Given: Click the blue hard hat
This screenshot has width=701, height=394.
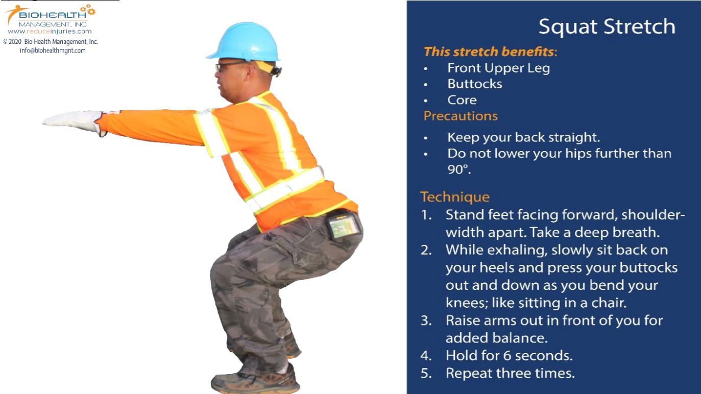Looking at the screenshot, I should (244, 41).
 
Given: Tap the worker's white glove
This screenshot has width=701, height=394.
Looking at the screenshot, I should (74, 121).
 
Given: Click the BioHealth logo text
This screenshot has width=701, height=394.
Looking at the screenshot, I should (53, 16).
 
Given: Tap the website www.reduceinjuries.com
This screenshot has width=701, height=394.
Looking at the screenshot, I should (50, 32).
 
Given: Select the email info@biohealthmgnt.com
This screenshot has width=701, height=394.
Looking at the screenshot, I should (50, 51).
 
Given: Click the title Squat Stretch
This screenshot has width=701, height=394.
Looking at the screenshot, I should (607, 27).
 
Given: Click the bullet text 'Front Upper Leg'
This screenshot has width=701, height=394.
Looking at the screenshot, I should (498, 68).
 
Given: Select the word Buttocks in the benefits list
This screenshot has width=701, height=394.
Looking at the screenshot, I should (474, 84).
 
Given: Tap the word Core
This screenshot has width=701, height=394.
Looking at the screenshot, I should (462, 100).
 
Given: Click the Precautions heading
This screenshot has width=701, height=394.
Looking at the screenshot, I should (460, 116).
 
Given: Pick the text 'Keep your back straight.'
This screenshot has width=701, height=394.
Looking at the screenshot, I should (523, 137).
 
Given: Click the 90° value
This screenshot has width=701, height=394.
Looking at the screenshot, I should (458, 170).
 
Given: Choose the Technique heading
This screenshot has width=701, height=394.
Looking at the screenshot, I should (454, 196).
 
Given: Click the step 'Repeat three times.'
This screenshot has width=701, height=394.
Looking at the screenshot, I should (510, 373).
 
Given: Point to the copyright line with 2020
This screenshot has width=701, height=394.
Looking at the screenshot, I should (51, 42).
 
